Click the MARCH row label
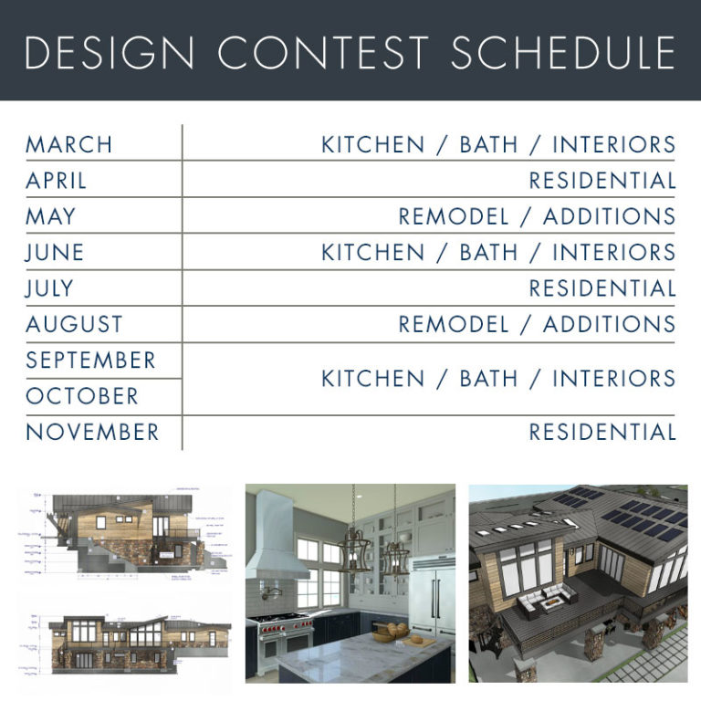69,144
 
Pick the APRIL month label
57,181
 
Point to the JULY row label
49,288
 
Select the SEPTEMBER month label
90,360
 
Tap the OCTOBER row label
82,396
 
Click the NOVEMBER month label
92,432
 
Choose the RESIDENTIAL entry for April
602,181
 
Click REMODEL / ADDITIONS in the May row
537,217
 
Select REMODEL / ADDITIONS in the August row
537,324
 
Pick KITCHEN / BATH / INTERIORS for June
498,253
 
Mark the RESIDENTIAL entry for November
602,432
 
